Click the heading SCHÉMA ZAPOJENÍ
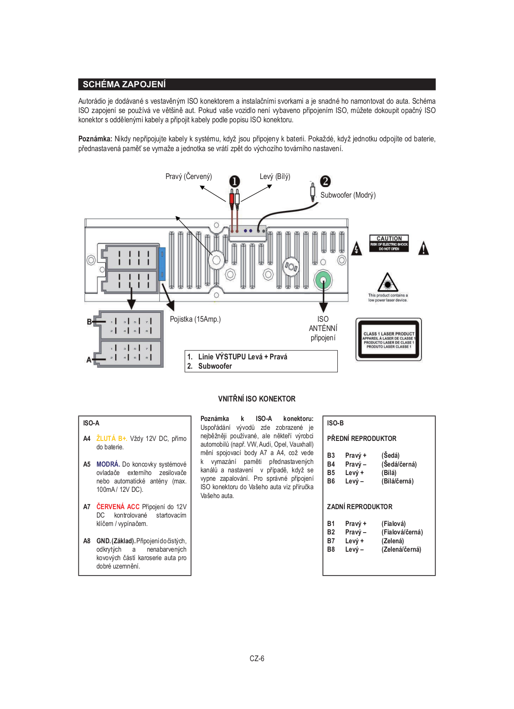pyautogui.click(x=124, y=84)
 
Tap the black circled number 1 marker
pyautogui.click(x=234, y=181)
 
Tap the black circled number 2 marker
pyautogui.click(x=325, y=181)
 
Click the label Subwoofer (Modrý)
pyautogui.click(x=348, y=195)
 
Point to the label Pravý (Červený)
pyautogui.click(x=189, y=176)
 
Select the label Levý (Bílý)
pyautogui.click(x=275, y=176)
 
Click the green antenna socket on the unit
pyautogui.click(x=323, y=280)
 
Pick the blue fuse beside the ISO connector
pyautogui.click(x=162, y=264)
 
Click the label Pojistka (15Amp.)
pyautogui.click(x=195, y=319)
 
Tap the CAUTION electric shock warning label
pyautogui.click(x=389, y=243)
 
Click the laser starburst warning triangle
pyautogui.click(x=388, y=282)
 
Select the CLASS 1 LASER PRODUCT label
pyautogui.click(x=389, y=340)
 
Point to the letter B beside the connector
pyautogui.click(x=89, y=322)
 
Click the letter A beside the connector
pyautogui.click(x=89, y=360)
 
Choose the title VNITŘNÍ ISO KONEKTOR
pyautogui.click(x=257, y=399)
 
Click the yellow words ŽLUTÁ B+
pyautogui.click(x=112, y=439)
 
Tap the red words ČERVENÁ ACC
pyautogui.click(x=118, y=506)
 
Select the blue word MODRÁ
pyautogui.click(x=108, y=464)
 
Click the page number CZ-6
pyautogui.click(x=257, y=658)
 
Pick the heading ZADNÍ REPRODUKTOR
pyautogui.click(x=359, y=506)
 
